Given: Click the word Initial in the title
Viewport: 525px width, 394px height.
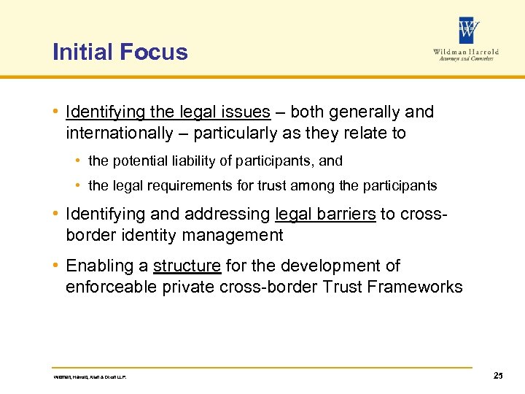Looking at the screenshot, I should (x=81, y=53).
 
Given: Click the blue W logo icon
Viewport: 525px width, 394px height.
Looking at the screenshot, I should (x=469, y=31).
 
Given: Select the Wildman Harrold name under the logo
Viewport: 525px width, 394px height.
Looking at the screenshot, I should (x=466, y=52).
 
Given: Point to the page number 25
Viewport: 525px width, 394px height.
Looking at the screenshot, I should (x=498, y=376).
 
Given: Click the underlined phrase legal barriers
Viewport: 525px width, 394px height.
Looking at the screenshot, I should (x=325, y=214).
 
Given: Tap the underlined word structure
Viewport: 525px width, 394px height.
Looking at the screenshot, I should (x=187, y=266).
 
